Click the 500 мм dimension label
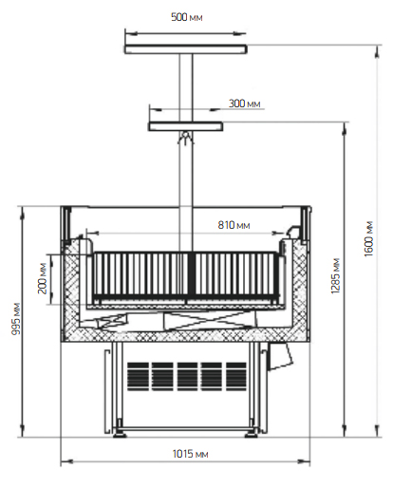click(186, 17)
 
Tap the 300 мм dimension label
click(244, 103)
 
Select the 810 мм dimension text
click(234, 225)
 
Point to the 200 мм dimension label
click(43, 278)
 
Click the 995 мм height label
click(16, 319)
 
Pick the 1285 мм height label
click(335, 276)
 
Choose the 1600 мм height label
click(368, 239)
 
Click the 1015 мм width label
click(190, 454)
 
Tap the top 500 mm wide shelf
click(185, 49)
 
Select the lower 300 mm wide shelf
click(186, 126)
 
